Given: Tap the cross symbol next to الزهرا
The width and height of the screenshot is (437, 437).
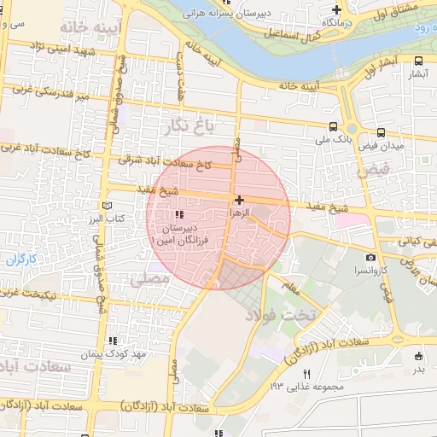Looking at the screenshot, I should [x=238, y=199].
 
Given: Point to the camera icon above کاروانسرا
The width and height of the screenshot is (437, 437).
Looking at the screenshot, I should [x=370, y=257].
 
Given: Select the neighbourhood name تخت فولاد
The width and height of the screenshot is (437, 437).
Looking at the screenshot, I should [x=281, y=316].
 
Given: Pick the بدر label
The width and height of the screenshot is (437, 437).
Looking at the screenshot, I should [x=418, y=370].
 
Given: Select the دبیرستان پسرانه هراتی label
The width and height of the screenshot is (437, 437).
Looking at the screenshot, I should [x=225, y=15].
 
